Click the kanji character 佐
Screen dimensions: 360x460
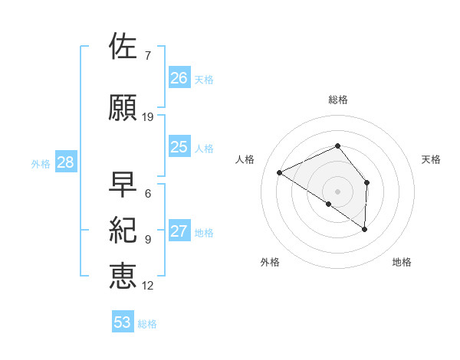123,46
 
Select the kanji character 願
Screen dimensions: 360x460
123,107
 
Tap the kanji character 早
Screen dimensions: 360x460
123,185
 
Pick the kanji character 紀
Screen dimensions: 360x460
123,231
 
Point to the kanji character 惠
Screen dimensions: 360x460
123,276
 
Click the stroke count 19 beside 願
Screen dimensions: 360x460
148,117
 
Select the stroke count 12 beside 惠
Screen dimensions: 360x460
148,286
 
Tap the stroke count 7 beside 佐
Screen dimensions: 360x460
147,56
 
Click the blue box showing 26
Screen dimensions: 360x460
179,78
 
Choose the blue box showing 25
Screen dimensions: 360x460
179,147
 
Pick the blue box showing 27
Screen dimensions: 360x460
179,232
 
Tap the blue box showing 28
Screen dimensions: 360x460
65,162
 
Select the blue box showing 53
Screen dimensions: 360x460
123,322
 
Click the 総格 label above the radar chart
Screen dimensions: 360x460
338,100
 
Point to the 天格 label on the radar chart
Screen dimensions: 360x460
432,159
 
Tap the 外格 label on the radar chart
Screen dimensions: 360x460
270,262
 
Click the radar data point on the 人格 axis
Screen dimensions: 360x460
280,172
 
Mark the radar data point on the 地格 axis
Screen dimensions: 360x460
365,229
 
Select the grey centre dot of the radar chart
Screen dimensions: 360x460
338,191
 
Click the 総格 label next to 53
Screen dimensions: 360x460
148,324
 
